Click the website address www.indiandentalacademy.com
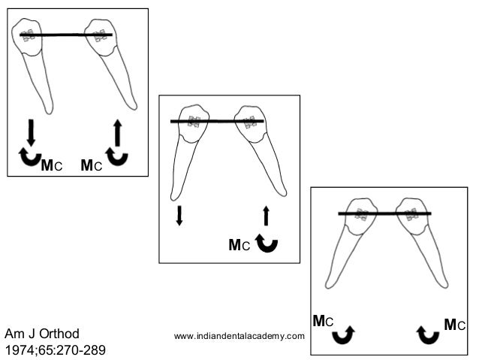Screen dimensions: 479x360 239,335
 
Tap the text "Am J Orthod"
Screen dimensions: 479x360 42,333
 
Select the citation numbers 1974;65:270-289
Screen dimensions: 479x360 56,350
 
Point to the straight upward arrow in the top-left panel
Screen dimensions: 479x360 117,132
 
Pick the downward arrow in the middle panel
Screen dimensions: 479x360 179,216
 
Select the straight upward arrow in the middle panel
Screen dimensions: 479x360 266,216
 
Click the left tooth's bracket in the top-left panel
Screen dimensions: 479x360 29,35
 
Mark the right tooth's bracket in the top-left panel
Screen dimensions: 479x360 98,35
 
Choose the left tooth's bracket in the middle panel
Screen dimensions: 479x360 194,121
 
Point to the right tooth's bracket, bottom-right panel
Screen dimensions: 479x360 410,214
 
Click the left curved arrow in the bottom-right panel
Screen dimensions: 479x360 344,333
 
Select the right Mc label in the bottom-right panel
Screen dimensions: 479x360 455,325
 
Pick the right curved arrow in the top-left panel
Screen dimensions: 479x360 117,158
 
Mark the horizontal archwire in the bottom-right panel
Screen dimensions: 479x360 384,214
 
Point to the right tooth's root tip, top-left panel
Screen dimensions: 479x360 134,107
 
